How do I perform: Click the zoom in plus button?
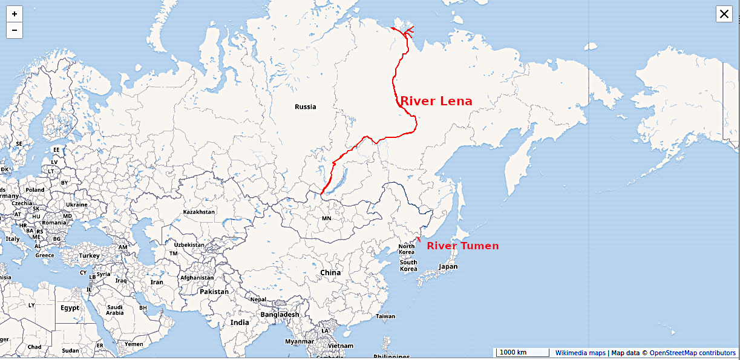15,14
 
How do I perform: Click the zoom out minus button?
15,30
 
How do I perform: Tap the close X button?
724,15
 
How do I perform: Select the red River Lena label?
436,101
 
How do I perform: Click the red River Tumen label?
463,246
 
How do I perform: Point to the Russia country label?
305,107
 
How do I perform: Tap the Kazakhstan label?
198,212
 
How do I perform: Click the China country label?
330,272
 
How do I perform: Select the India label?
240,322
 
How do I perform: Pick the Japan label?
448,267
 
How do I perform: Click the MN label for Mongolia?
326,218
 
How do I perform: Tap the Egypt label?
70,308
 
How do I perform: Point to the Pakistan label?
214,292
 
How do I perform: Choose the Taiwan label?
385,316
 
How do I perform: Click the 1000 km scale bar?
513,353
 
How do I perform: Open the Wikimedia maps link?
580,353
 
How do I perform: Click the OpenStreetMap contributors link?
693,353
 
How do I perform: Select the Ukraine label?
77,205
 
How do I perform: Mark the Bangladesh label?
280,315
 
